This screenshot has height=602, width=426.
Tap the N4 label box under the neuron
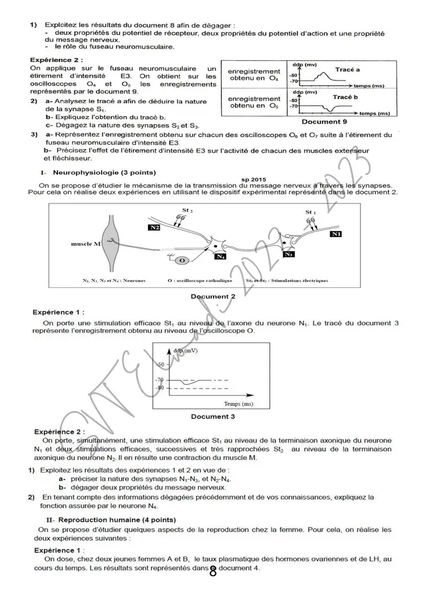click(221, 257)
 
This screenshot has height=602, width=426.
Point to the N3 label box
click(289, 254)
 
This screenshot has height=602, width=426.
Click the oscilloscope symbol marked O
click(182, 260)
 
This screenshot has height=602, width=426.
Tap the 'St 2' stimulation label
click(188, 210)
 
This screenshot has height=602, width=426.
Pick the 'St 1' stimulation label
click(311, 212)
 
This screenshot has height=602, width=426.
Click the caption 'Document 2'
click(213, 296)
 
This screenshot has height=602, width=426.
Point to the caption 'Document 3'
click(213, 416)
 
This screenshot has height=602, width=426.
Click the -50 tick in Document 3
click(161, 364)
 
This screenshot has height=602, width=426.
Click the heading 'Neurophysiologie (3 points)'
click(104, 173)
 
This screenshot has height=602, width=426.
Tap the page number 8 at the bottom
click(213, 571)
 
